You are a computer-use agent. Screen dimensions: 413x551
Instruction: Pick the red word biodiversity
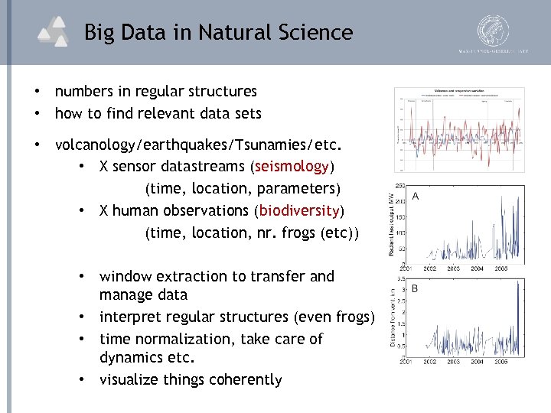[299, 210]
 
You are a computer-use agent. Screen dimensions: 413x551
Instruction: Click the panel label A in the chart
[416, 196]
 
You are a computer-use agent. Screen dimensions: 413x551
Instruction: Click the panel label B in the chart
[415, 289]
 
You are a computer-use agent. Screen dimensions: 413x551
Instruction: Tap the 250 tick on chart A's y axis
[399, 186]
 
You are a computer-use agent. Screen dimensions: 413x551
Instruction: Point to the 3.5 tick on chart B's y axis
[400, 280]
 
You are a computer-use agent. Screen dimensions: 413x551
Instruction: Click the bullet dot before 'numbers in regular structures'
[36, 92]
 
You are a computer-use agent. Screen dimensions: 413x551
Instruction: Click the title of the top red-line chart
[459, 91]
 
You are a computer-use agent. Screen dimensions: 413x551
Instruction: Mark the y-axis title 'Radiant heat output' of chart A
[391, 223]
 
